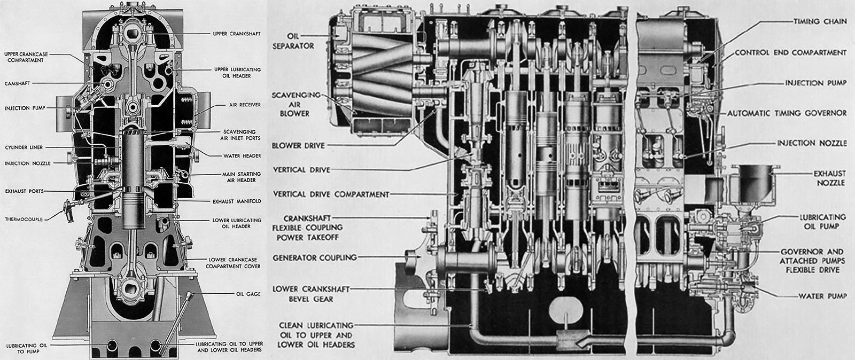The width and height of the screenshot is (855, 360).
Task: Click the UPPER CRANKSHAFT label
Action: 236,34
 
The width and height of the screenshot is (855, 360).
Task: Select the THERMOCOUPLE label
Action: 24,219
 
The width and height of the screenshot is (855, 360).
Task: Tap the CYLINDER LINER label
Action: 24,147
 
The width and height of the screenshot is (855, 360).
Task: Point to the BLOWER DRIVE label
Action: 298,145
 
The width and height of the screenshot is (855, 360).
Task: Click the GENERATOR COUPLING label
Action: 314,258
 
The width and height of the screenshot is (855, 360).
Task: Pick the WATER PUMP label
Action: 822,296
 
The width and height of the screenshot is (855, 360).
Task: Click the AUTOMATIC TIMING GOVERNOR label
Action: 787,113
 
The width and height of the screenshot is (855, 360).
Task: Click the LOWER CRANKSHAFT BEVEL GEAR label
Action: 310,294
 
